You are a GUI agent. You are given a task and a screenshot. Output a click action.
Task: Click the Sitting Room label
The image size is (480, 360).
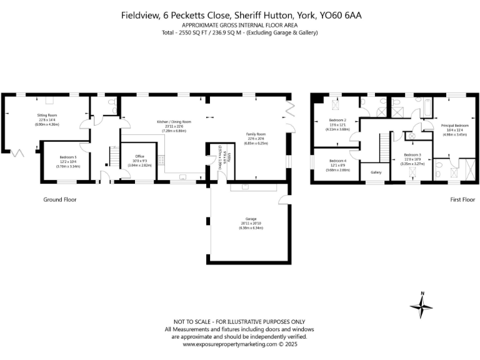point(47,116)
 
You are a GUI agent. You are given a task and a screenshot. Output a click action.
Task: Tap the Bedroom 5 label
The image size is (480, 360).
point(68,157)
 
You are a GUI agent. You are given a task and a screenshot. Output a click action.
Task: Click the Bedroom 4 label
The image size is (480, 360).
point(337,161)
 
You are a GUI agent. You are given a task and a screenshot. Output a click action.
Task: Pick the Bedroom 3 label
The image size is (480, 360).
point(412,154)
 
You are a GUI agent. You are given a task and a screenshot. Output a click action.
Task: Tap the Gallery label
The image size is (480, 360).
point(376,172)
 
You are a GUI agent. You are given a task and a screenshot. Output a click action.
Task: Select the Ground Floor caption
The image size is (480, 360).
point(60,199)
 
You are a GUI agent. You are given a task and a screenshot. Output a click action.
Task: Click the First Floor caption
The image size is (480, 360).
point(462,199)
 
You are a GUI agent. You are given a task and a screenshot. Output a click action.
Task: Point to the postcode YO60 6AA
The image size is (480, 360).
point(351,14)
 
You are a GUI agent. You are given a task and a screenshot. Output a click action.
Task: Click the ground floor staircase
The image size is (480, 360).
point(114,154)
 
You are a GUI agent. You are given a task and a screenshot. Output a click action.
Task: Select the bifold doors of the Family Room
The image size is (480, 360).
point(289,116)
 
